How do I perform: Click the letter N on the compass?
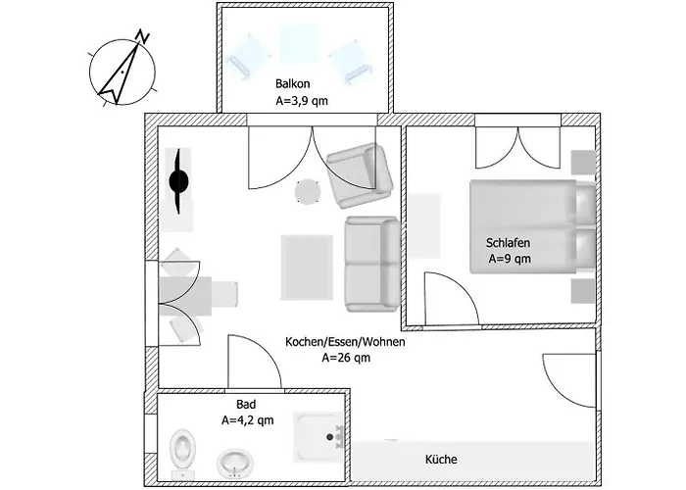pos(143,36)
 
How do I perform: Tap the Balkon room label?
pos(293,83)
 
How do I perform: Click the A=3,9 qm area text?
pos(302,101)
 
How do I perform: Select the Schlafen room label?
pos(508,243)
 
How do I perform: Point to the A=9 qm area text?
pos(510,259)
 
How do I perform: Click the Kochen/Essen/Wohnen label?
pos(345,342)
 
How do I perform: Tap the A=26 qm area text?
pos(346,358)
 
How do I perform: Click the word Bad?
pos(246,404)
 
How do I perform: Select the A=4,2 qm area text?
pos(248,420)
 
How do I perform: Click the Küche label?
pos(441,460)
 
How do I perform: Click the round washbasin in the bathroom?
pos(235,463)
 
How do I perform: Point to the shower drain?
pos(330,437)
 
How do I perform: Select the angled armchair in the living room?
pos(360,175)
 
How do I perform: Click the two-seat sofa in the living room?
pos(372,264)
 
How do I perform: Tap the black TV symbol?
pos(179,180)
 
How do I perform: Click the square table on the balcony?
pos(299,43)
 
